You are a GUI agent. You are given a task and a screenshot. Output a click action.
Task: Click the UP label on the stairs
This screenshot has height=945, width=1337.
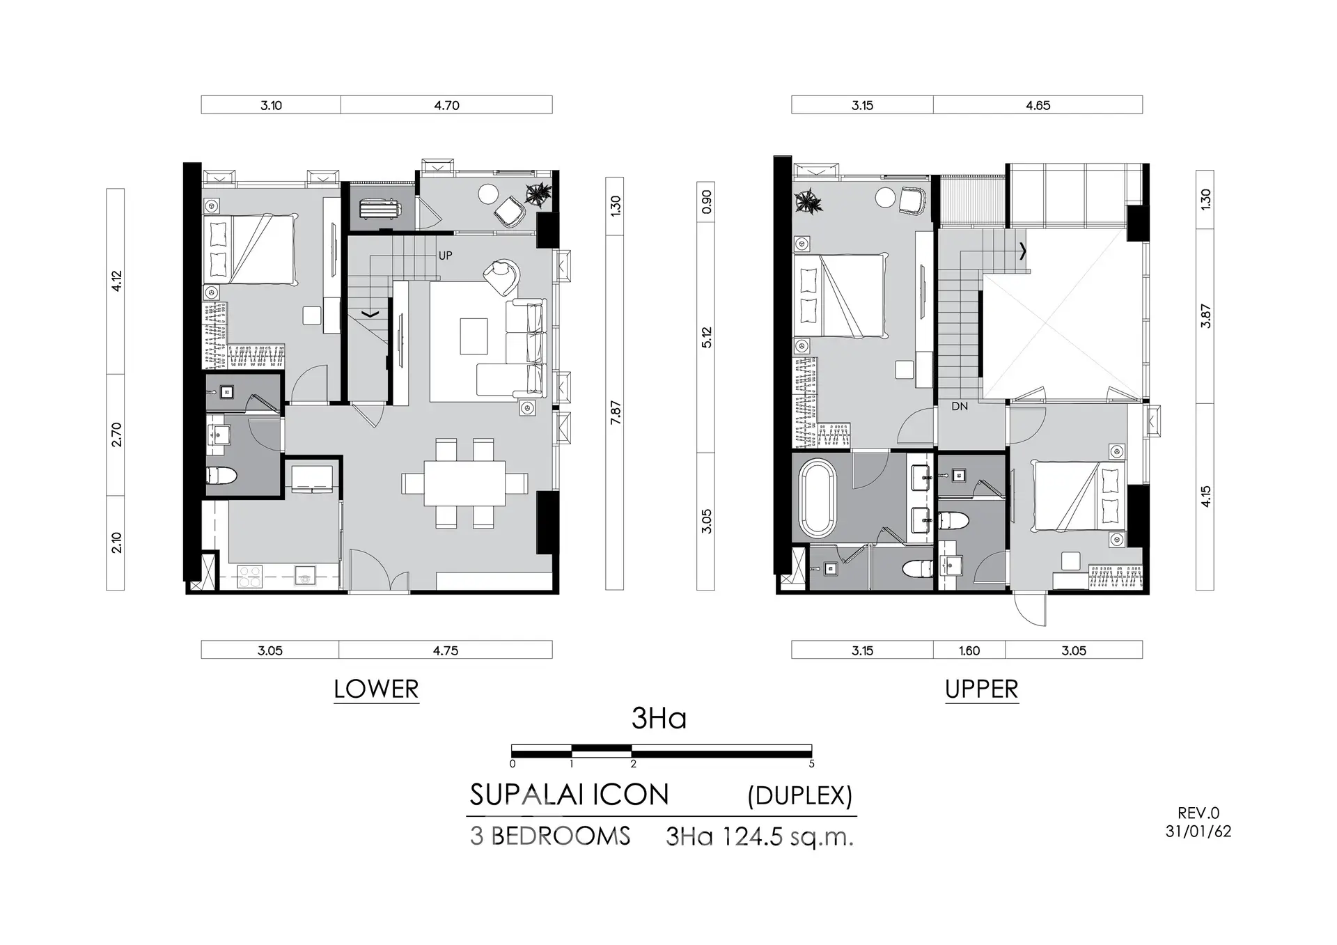tap(445, 256)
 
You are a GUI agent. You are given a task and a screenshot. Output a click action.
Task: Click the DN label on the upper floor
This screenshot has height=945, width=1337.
tap(960, 406)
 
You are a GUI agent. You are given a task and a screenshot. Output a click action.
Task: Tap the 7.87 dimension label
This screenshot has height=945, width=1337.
tap(615, 413)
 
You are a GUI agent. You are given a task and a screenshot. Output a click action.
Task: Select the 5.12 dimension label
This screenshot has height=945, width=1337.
tap(706, 338)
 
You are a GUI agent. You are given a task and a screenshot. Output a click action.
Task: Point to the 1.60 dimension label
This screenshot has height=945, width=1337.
tap(969, 650)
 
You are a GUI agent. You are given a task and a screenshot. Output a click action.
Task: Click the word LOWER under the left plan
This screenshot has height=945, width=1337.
tap(376, 689)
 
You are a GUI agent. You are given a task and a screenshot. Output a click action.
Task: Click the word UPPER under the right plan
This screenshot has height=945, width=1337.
tap(982, 689)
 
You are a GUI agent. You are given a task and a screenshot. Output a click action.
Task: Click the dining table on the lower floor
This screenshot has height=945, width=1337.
tap(464, 483)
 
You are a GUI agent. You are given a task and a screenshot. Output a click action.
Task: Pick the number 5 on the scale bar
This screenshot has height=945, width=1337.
tap(811, 764)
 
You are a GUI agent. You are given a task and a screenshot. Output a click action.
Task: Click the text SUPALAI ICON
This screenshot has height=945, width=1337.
tap(569, 795)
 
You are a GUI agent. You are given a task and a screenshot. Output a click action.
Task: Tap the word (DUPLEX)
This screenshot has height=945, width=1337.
tap(800, 795)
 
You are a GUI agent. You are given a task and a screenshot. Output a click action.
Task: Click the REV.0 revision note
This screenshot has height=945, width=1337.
tap(1198, 813)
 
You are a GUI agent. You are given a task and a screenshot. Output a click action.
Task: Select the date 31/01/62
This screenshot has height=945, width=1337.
tap(1198, 831)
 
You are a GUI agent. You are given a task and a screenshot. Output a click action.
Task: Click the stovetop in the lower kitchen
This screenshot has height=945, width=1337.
tap(249, 575)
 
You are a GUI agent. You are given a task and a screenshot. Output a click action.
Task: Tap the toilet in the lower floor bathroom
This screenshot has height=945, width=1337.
tap(222, 476)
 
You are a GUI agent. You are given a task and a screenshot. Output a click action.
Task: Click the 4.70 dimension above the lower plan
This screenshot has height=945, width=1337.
tap(446, 105)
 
